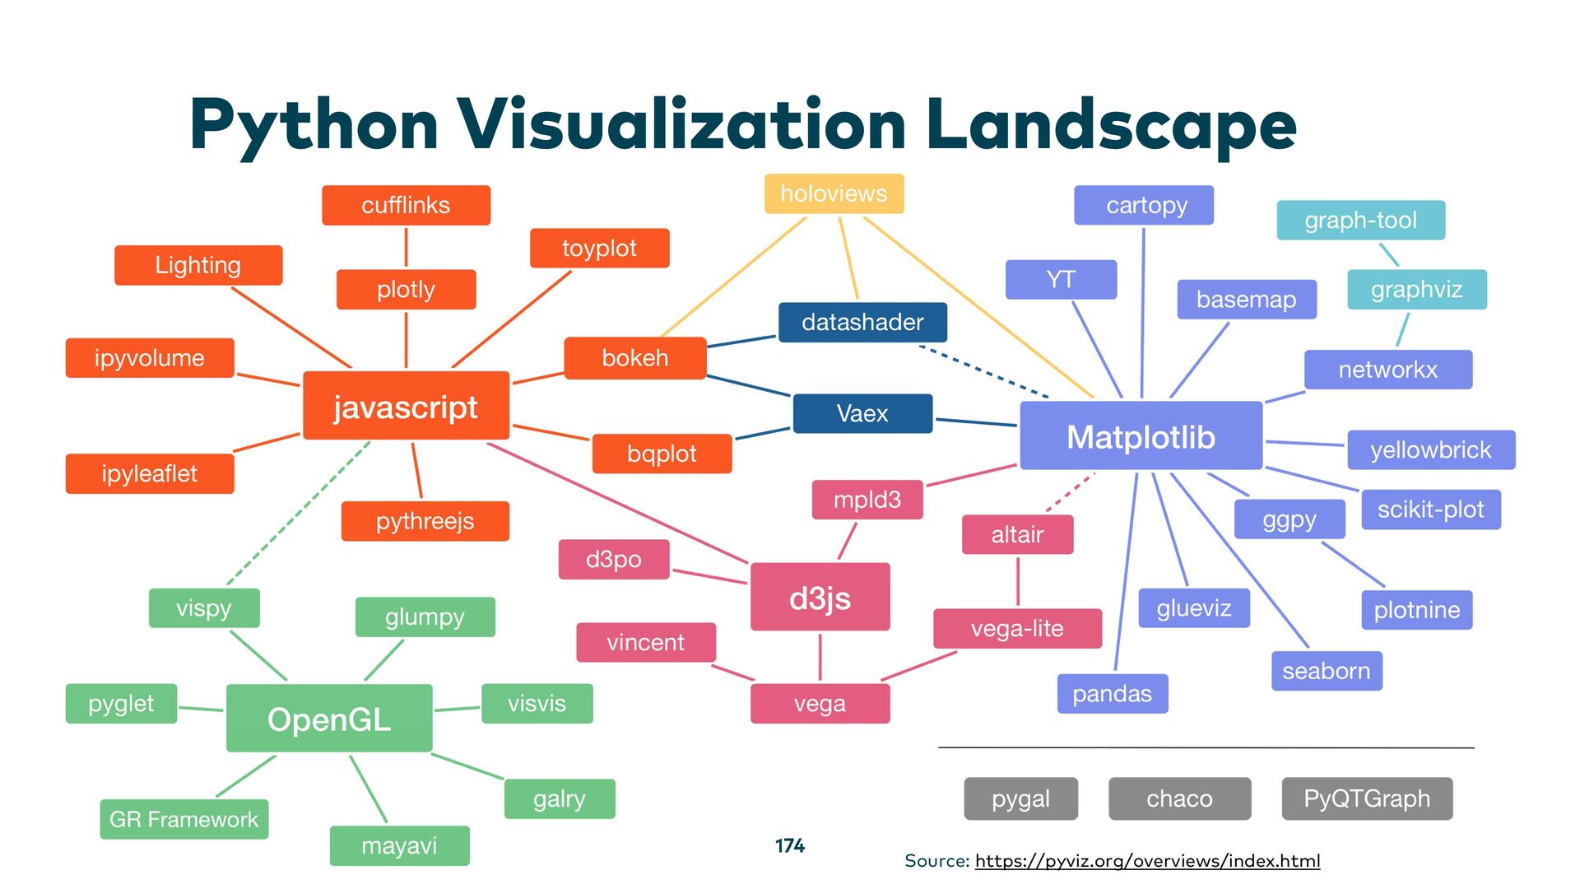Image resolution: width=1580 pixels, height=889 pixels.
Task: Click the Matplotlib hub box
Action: coord(1141,436)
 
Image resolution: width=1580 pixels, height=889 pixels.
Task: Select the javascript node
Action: coord(406,406)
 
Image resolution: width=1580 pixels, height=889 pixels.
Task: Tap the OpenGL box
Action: coord(329,719)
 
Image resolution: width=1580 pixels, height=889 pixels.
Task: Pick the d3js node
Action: coord(820,597)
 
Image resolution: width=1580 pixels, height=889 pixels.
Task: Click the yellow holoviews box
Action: coord(834,193)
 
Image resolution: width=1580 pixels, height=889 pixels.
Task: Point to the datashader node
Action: coord(862,322)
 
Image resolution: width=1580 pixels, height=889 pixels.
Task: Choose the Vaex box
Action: coord(862,413)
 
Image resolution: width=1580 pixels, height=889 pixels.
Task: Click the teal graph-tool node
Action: coord(1360,221)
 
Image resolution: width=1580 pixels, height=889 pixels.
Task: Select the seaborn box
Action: coord(1326,671)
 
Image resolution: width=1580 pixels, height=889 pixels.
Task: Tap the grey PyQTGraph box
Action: coord(1367,798)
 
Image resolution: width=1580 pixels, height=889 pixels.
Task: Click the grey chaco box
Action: coord(1179,798)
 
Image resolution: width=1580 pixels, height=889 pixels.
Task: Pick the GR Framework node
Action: coord(184,819)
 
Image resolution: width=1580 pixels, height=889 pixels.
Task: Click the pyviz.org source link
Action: coord(1147,861)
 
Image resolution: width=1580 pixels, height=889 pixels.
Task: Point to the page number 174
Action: coord(790,845)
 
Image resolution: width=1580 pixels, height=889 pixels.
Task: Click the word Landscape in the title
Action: coord(1111,125)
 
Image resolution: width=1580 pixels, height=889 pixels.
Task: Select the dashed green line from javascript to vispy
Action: coord(298,514)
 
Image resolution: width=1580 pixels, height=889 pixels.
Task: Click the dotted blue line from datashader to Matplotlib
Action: coord(983,371)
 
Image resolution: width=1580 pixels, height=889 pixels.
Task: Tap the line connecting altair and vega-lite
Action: coord(1018,581)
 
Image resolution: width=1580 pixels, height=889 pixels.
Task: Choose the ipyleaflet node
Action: coord(150,473)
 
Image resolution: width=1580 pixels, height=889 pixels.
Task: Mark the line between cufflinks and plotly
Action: coord(406,247)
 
